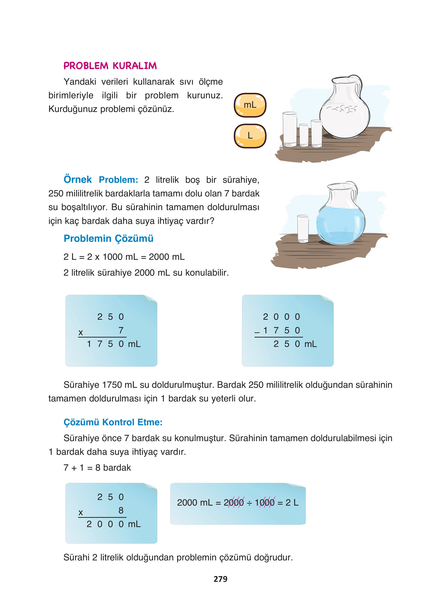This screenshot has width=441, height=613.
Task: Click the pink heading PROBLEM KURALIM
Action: pyautogui.click(x=110, y=66)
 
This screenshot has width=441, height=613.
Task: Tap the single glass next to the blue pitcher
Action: pyautogui.click(x=303, y=228)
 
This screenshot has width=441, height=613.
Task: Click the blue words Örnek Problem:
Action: pyautogui.click(x=101, y=180)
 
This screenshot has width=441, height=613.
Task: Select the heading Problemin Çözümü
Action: pyautogui.click(x=108, y=238)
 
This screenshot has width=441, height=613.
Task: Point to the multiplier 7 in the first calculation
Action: pyautogui.click(x=121, y=330)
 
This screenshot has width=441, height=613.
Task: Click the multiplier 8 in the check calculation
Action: pyautogui.click(x=121, y=510)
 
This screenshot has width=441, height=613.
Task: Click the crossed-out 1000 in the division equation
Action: pyautogui.click(x=265, y=502)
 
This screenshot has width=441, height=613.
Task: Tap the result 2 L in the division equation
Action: pyautogui.click(x=292, y=502)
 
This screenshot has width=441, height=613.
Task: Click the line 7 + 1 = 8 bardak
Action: pyautogui.click(x=97, y=467)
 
